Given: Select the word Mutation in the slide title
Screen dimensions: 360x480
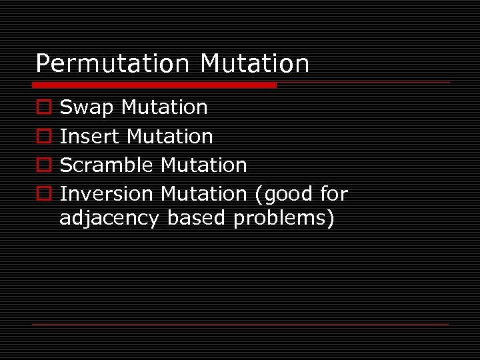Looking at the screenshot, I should click(255, 64).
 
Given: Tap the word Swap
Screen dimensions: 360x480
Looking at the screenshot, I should click(87, 108).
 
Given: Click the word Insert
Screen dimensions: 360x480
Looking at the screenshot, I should click(90, 137).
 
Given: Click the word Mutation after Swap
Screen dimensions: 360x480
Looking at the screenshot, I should click(165, 107).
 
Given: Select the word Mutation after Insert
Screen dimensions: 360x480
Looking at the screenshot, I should click(170, 137).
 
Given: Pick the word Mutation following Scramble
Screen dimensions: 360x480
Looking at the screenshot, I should click(204, 165).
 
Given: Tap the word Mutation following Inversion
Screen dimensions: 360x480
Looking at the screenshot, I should click(204, 194).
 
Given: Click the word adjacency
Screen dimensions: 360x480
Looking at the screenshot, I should click(109, 219).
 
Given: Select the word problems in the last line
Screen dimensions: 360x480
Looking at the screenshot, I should click(284, 219).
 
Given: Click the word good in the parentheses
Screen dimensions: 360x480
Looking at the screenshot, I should click(286, 195).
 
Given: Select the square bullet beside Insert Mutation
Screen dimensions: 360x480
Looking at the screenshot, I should click(43, 137).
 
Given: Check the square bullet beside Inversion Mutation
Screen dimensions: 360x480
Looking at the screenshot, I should click(43, 194).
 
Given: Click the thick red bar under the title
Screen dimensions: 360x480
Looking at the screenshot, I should click(154, 85).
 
